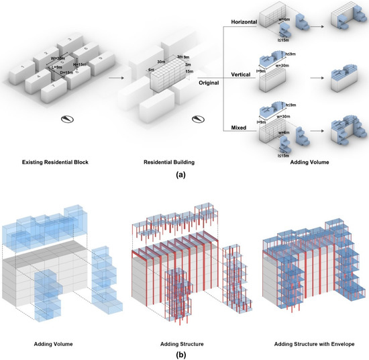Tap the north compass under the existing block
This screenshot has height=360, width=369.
click(x=66, y=120)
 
